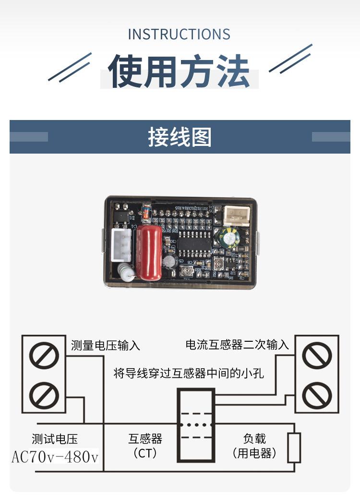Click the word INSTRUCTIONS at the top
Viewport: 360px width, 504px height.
pos(179,35)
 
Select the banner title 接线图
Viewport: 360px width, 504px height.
pos(180,137)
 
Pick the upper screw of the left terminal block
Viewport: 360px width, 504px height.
pos(44,356)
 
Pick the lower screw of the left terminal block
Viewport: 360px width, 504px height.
pos(44,396)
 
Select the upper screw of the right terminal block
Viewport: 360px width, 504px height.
pos(317,355)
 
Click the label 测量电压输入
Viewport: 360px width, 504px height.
pos(106,345)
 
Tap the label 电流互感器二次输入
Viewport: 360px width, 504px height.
pos(237,345)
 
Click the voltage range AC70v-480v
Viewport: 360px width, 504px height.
pos(55,457)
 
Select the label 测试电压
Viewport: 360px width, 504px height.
pos(55,439)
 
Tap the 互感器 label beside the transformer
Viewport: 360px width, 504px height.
pos(145,439)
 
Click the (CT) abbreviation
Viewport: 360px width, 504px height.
pos(145,453)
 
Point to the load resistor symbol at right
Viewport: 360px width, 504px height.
pos(294,447)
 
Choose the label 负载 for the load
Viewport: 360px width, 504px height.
pos(254,438)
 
